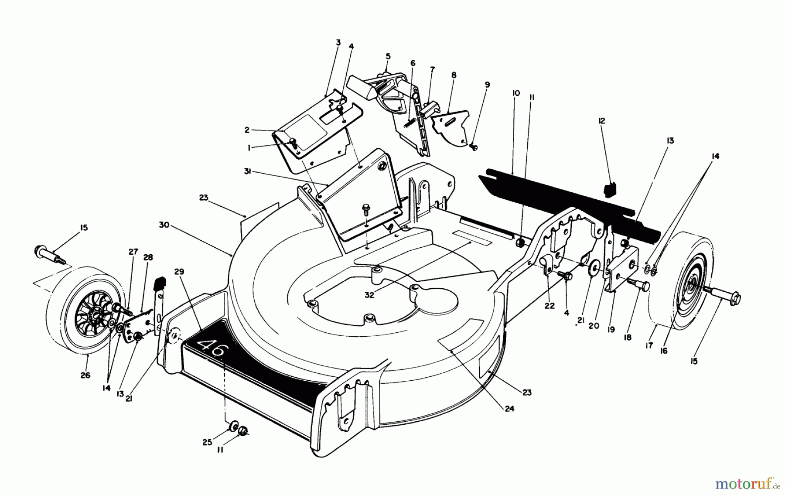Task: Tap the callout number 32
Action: (x=370, y=295)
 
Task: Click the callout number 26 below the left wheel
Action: (x=85, y=375)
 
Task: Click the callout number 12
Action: (x=602, y=121)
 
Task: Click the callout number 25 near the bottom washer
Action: (x=207, y=442)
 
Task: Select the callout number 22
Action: (x=549, y=306)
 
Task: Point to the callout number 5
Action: (x=388, y=56)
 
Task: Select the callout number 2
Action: (x=246, y=130)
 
